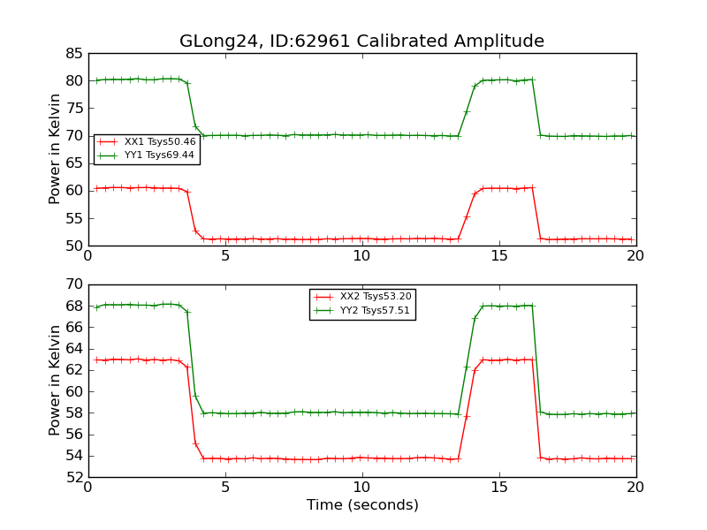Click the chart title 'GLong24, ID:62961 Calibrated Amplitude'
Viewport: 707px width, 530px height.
pyautogui.click(x=361, y=42)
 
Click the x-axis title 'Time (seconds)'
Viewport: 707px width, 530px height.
pyautogui.click(x=362, y=505)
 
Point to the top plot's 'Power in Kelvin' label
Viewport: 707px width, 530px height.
pyautogui.click(x=55, y=148)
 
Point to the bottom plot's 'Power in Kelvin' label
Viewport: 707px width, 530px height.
pyautogui.click(x=55, y=380)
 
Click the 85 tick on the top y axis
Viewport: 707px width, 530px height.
pyautogui.click(x=73, y=54)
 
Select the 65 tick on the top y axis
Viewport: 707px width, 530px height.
pyautogui.click(x=73, y=136)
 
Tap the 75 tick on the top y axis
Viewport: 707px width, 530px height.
pyautogui.click(x=73, y=109)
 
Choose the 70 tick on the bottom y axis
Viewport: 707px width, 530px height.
pyautogui.click(x=73, y=284)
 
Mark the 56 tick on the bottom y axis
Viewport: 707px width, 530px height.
pyautogui.click(x=73, y=435)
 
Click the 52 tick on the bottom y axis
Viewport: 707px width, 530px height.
pyautogui.click(x=73, y=477)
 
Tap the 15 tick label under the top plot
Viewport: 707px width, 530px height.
pyautogui.click(x=499, y=256)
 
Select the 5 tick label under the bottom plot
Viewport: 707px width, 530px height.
pyautogui.click(x=225, y=488)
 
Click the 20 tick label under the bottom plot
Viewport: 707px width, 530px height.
pyautogui.click(x=635, y=488)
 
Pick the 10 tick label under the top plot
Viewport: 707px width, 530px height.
pyautogui.click(x=362, y=256)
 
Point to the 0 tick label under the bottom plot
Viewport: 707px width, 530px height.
pyautogui.click(x=88, y=488)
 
